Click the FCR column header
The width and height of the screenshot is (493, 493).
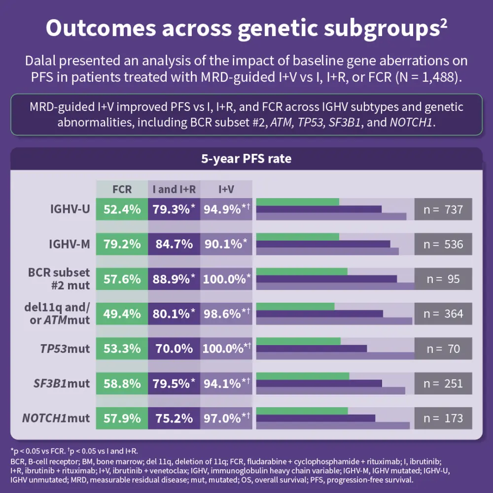coord(122,189)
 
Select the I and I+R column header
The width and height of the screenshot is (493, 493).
coord(174,189)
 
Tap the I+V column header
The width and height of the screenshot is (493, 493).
coord(226,189)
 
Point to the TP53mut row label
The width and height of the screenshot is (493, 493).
coord(65,349)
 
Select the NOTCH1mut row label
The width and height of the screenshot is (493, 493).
coord(56,419)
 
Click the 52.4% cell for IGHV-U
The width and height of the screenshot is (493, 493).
coord(122,210)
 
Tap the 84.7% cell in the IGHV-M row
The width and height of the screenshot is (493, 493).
coord(174,245)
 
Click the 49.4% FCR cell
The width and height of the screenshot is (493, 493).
coord(122,314)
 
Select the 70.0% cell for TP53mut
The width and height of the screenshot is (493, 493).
coord(174,349)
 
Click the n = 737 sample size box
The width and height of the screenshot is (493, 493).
coord(443,210)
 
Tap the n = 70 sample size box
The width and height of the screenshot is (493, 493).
coord(443,349)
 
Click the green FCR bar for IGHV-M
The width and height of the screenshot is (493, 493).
coord(298,237)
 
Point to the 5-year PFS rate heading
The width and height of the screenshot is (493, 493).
coord(246,159)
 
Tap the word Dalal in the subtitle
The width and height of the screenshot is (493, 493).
coord(43,62)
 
